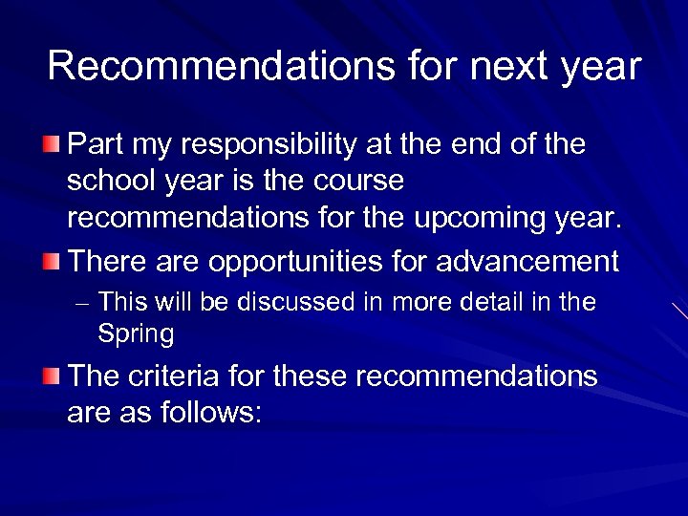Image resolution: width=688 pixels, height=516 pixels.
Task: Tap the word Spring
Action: point(136,335)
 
